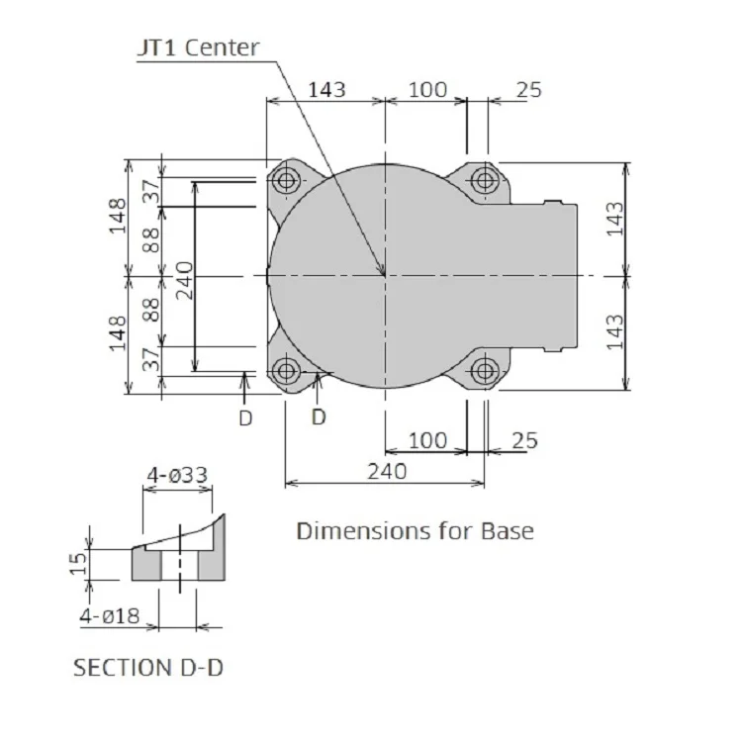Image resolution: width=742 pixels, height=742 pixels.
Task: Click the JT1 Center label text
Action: [x=198, y=47]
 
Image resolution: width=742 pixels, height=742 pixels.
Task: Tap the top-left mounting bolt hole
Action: [x=286, y=180]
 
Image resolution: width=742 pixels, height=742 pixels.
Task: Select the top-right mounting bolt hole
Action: [x=485, y=180]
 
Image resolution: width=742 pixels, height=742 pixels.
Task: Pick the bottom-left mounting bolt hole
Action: [x=286, y=371]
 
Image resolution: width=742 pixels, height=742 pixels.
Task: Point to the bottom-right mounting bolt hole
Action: [x=485, y=371]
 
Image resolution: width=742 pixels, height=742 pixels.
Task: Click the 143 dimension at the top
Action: [x=327, y=89]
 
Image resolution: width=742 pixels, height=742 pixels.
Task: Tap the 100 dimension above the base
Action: [x=427, y=89]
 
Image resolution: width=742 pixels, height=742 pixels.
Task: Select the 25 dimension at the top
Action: [x=528, y=89]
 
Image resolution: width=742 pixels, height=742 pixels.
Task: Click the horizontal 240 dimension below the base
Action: [x=387, y=471]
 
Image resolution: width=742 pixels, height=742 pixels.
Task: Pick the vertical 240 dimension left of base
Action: [x=185, y=281]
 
